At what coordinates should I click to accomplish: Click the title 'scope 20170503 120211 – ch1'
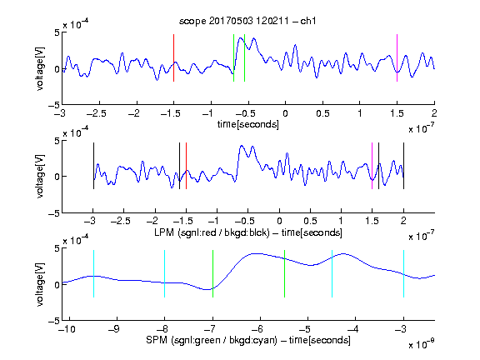(x=247, y=21)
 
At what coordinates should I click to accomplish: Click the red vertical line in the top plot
(x=174, y=57)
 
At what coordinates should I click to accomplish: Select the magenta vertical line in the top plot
(x=397, y=57)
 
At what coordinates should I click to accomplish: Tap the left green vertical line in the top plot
(x=233, y=57)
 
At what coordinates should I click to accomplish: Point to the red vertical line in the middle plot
(x=186, y=166)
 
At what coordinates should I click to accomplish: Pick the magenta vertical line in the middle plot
(x=372, y=166)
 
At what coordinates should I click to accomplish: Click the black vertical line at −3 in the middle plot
(x=93, y=166)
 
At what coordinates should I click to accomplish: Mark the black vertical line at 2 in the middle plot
(x=403, y=166)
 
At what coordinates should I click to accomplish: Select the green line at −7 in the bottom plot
(x=212, y=273)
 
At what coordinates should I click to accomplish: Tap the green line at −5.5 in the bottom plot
(x=284, y=273)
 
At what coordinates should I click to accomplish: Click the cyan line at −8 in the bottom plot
(x=165, y=273)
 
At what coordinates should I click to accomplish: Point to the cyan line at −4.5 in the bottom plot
(x=332, y=273)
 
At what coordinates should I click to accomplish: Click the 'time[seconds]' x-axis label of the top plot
(x=248, y=124)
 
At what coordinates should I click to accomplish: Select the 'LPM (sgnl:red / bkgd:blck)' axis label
(x=212, y=232)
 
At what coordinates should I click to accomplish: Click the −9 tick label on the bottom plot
(x=113, y=329)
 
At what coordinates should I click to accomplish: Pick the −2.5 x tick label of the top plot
(x=96, y=113)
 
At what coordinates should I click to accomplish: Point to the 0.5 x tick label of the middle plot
(x=310, y=221)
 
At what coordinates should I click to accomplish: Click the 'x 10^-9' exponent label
(x=421, y=344)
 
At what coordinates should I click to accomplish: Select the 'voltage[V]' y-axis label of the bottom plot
(x=40, y=284)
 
